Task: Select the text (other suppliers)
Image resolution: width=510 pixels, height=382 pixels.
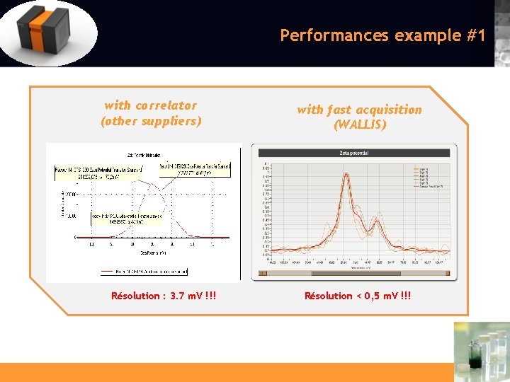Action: point(151,121)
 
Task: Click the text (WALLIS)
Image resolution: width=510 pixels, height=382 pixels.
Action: point(359,125)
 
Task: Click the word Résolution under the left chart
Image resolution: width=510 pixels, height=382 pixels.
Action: point(135,296)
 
